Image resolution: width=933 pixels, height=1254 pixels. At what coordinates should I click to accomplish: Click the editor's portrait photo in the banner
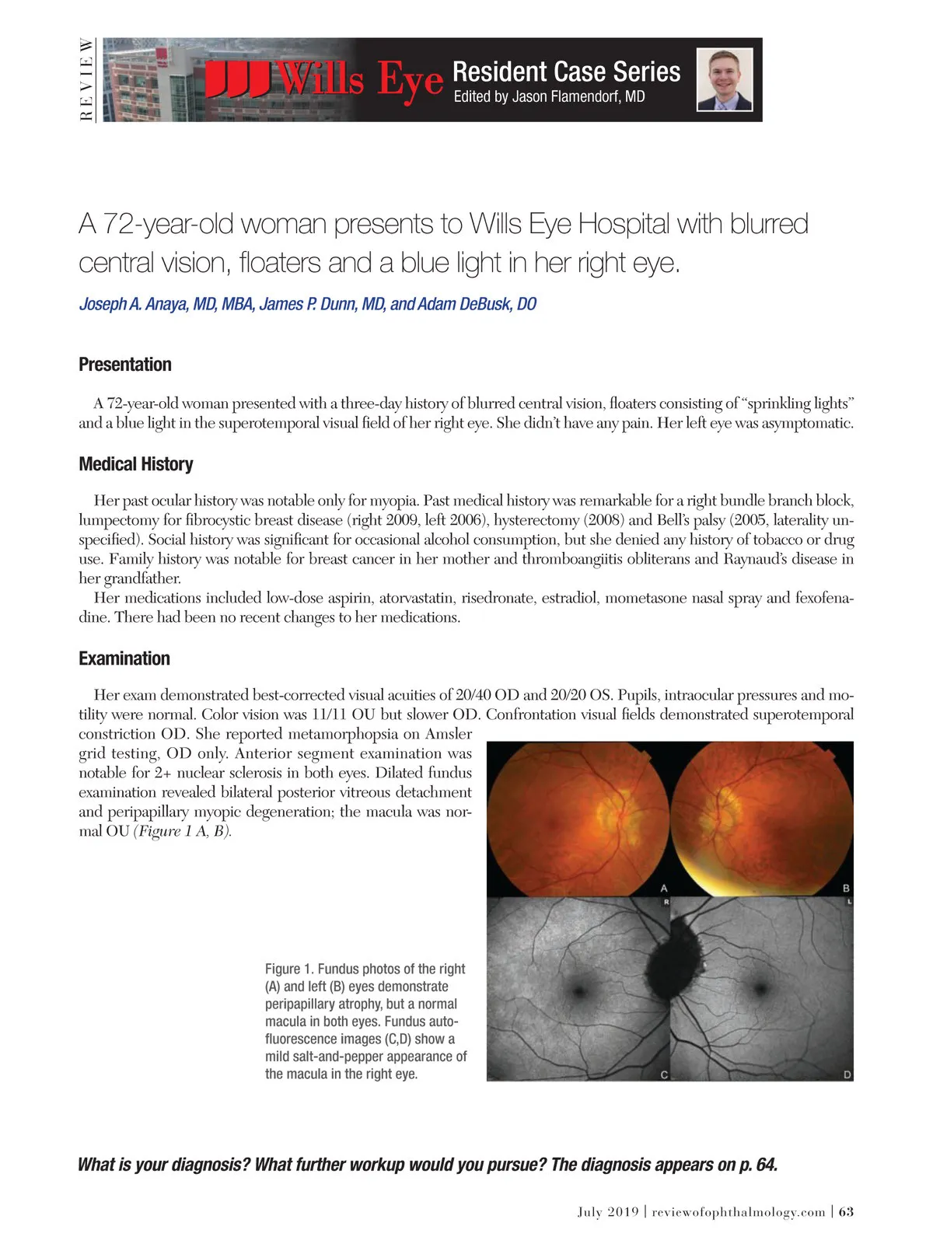725,79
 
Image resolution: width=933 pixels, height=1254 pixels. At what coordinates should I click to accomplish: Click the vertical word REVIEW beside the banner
86,79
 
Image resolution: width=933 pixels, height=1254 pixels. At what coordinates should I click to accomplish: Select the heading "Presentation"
125,365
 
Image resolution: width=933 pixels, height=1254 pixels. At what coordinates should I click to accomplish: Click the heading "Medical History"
136,464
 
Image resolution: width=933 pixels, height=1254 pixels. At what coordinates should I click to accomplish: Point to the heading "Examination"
124,658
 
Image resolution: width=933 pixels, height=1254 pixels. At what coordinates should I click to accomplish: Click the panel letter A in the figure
664,888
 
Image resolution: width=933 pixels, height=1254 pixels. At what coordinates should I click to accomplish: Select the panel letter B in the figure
846,888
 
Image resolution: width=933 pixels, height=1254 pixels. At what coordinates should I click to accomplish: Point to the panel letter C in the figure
664,1074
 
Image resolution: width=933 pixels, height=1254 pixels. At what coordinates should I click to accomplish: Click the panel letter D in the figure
847,1074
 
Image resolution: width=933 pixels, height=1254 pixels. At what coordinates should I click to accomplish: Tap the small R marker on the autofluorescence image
666,903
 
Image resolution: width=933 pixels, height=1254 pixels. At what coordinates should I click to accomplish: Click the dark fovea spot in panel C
579,990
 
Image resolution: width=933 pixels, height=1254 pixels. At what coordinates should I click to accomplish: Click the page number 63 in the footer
847,1212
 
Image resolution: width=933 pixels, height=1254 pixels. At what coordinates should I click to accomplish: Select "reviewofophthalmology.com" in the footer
738,1212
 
